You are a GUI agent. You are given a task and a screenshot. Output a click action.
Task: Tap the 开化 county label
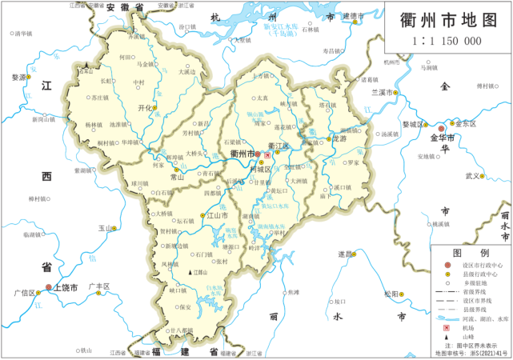coord(145,107)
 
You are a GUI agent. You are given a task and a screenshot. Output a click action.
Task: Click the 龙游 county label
coord(339,138)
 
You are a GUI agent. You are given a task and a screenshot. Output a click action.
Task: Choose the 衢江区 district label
coord(278,145)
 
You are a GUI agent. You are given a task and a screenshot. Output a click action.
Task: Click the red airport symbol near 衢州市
coord(267,154)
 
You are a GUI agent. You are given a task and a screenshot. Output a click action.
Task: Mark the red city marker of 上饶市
coord(49,287)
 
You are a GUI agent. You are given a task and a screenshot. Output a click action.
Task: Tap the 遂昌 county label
coord(345,254)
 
